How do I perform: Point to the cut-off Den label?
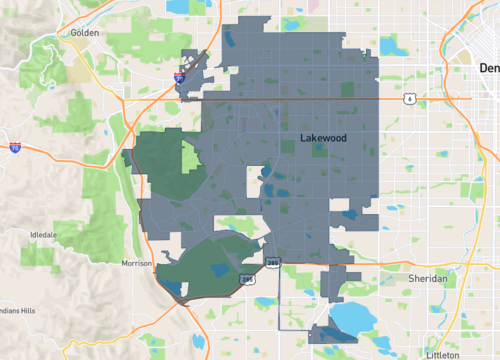(488, 68)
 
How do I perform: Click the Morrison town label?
(135, 263)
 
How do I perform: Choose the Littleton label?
(442, 354)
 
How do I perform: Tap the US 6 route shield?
(410, 99)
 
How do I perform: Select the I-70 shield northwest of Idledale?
(15, 147)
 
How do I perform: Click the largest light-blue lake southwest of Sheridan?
(350, 319)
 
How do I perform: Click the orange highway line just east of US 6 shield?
(440, 98)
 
